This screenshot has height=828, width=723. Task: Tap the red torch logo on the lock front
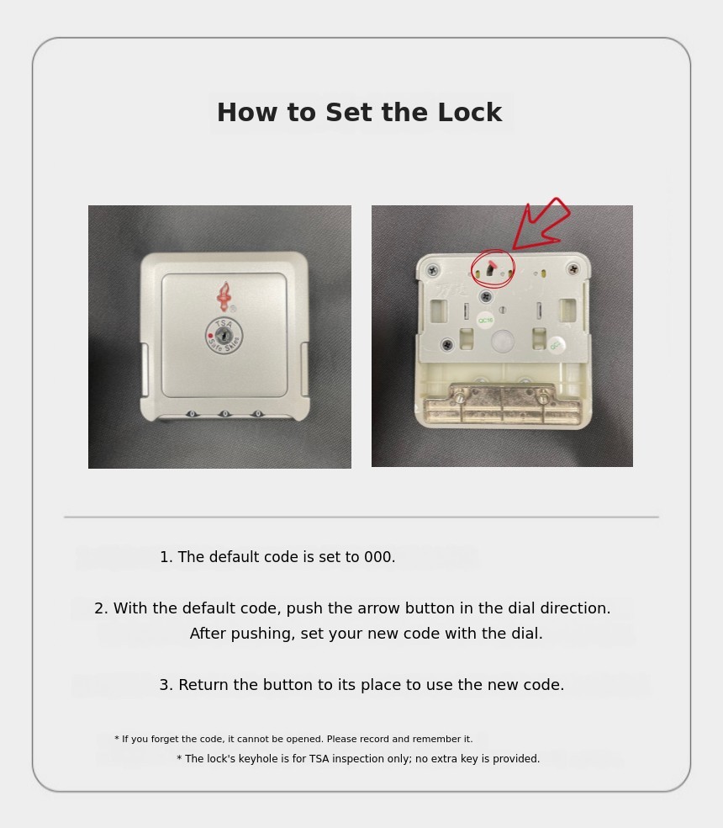(x=224, y=297)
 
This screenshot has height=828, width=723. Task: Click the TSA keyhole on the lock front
(x=224, y=335)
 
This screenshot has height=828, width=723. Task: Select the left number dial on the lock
(x=192, y=413)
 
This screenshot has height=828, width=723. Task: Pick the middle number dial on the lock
(x=224, y=413)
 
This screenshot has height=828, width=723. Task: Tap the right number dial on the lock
(x=257, y=413)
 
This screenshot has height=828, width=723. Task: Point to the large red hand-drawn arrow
(x=540, y=225)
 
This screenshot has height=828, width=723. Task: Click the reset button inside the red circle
(x=491, y=269)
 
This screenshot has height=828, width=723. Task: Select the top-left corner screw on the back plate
(x=433, y=270)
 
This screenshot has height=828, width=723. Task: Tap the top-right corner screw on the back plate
(x=573, y=268)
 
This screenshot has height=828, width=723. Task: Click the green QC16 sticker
(x=485, y=320)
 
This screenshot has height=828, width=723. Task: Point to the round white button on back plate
(x=503, y=341)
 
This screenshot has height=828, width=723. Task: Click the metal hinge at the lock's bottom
(x=503, y=403)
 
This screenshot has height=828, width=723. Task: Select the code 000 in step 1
(x=379, y=557)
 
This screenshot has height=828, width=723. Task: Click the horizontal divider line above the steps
(x=361, y=517)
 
